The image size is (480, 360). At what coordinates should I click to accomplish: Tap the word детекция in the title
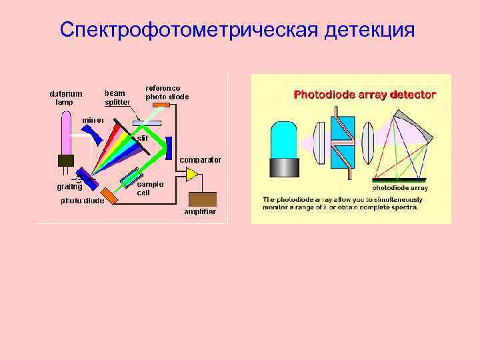coord(369,30)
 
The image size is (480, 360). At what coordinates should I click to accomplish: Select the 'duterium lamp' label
coord(66,97)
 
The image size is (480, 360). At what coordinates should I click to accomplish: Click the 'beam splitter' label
coord(117,97)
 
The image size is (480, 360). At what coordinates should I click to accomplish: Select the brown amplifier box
coord(203,198)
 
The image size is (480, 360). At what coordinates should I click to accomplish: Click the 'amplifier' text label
coord(201,212)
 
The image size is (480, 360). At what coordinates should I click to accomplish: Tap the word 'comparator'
coord(200,160)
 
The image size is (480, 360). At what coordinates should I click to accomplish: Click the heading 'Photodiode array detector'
coord(365,95)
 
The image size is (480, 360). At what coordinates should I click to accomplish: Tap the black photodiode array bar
coord(400,180)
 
